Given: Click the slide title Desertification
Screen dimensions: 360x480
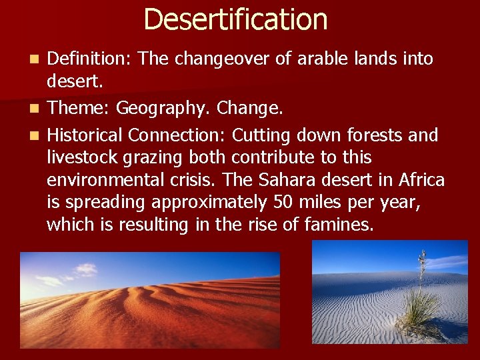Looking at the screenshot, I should pyautogui.click(x=235, y=19).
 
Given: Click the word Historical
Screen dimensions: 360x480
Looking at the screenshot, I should pyautogui.click(x=85, y=135).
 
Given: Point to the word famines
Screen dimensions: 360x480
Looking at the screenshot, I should pyautogui.click(x=339, y=225).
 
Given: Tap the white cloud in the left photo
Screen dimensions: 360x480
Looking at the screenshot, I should pyautogui.click(x=85, y=270).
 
